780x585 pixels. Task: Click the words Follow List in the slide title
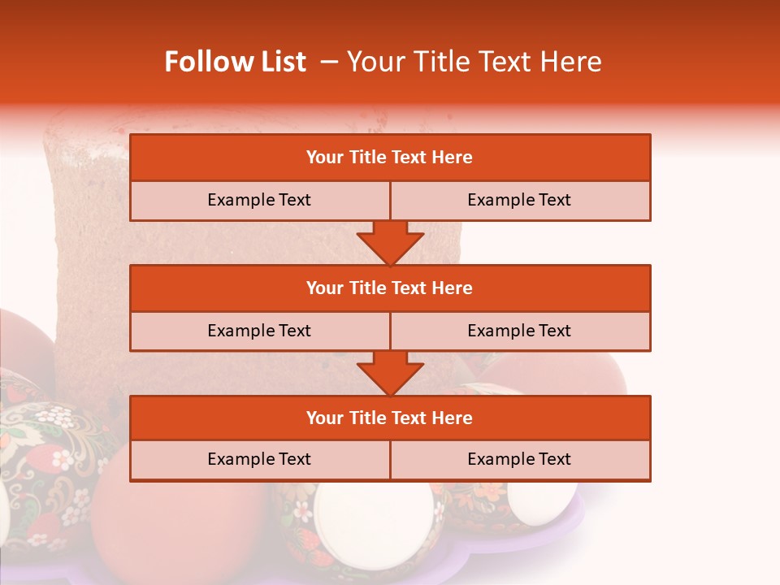click(x=236, y=62)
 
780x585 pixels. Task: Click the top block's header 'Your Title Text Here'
click(x=389, y=158)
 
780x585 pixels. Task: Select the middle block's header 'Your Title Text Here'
click(x=389, y=288)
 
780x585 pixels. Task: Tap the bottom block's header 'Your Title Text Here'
click(x=389, y=418)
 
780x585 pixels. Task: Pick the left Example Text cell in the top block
click(x=259, y=201)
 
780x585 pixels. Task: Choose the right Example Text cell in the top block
click(x=519, y=201)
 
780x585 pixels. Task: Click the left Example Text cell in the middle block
click(x=259, y=331)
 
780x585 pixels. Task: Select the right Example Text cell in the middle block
click(x=519, y=331)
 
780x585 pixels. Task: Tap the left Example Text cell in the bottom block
click(x=259, y=460)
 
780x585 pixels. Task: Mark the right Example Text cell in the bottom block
click(x=519, y=460)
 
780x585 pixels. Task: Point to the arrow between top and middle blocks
click(x=390, y=242)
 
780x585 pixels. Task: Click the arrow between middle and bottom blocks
click(x=390, y=373)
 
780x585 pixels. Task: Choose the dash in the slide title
click(x=329, y=62)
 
